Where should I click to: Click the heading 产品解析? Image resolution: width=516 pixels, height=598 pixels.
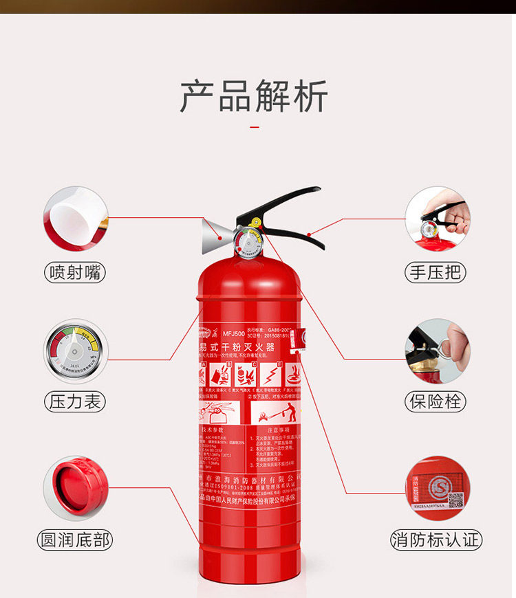(x=254, y=96)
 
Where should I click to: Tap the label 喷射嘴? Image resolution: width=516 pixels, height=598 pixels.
(x=76, y=272)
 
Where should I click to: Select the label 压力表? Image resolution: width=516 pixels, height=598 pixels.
(x=76, y=401)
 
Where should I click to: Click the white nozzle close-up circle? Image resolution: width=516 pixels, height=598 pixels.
(x=76, y=219)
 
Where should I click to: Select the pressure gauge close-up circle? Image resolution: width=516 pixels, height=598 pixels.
(x=76, y=351)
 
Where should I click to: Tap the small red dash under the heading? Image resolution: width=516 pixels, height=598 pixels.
(x=255, y=126)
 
